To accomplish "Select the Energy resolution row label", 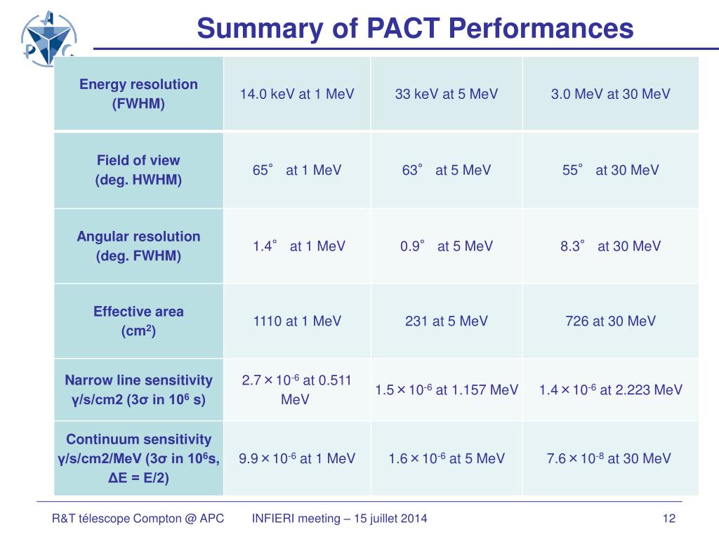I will point(138,94).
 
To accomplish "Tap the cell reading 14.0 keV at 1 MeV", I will point(297,94).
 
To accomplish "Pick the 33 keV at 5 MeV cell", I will point(447,94).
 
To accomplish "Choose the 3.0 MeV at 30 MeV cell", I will point(611,94).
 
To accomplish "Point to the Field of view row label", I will point(138,170).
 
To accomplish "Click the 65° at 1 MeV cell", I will point(297,170).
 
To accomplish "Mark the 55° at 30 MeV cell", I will point(611,170).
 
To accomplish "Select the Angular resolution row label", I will point(138,246).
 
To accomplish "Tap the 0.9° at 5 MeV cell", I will point(447,246).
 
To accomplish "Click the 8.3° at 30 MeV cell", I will point(611,246).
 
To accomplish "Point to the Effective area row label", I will point(138,321).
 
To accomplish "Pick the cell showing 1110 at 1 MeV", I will point(297,321).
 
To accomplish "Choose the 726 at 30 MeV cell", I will point(611,321).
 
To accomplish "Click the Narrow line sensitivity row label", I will point(138,390).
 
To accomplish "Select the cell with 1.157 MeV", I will point(447,390).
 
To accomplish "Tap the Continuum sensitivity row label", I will point(138,458).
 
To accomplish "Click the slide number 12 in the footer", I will point(668,519).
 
